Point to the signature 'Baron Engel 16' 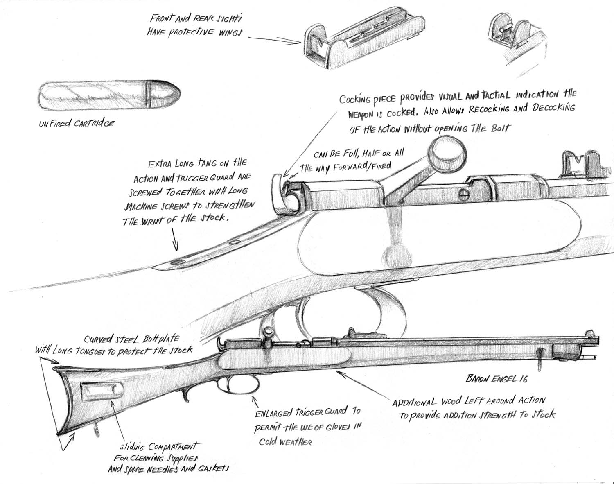pyautogui.click(x=496, y=378)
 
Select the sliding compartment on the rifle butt pyautogui.click(x=102, y=392)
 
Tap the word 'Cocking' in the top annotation pyautogui.click(x=354, y=99)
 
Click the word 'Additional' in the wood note pyautogui.click(x=414, y=402)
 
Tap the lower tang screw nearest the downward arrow pyautogui.click(x=177, y=261)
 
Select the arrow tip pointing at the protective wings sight pyautogui.click(x=300, y=42)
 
